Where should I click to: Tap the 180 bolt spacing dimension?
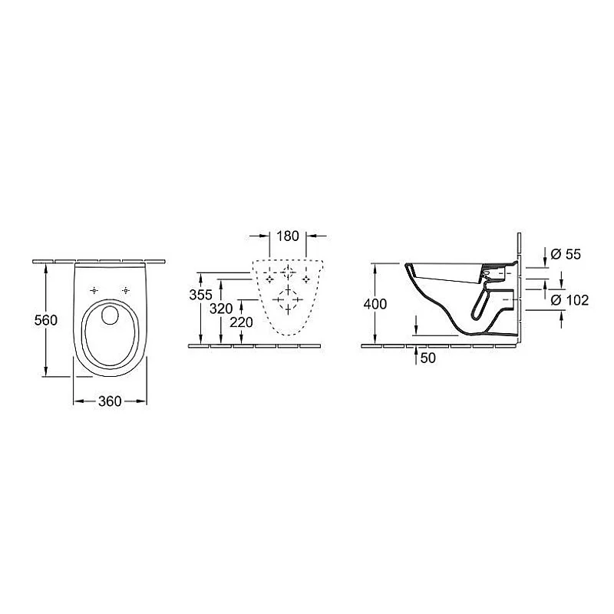(x=287, y=236)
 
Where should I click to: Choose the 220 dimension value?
(x=241, y=323)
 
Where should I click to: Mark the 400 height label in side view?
(x=375, y=303)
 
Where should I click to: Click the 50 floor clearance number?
(x=428, y=358)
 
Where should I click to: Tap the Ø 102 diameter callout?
(x=569, y=300)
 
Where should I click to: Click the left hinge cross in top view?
(x=94, y=290)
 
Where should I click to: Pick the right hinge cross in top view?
(x=125, y=290)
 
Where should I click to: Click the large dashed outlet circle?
(x=287, y=301)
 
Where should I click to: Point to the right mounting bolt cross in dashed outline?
(x=305, y=279)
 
